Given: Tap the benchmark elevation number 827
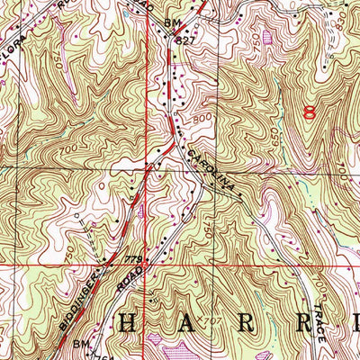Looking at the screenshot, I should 185,41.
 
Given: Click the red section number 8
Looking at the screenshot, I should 311,113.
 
